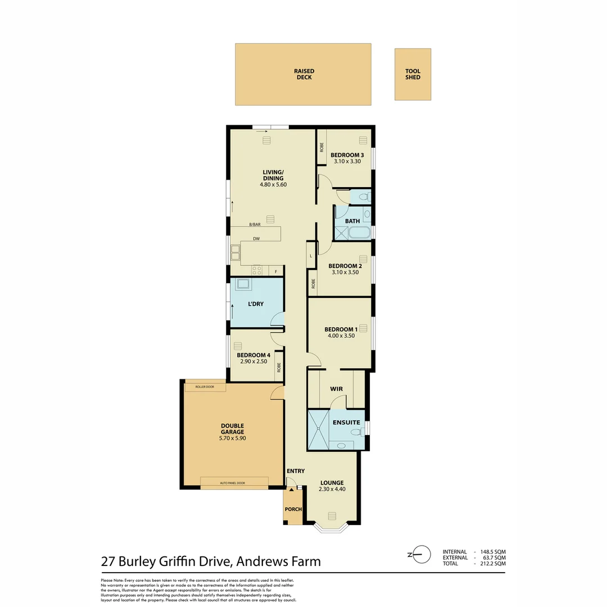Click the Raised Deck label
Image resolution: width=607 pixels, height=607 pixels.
304,74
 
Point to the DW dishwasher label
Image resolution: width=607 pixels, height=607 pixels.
256,238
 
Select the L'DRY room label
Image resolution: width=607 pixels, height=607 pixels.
256,304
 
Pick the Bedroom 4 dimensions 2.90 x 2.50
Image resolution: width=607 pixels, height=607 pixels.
253,361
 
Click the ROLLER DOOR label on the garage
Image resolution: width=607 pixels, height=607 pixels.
205,387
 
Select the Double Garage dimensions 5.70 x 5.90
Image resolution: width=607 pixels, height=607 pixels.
232,438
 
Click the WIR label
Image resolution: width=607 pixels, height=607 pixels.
336,388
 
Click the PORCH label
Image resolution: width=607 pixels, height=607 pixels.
293,509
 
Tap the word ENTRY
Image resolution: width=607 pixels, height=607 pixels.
296,471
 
